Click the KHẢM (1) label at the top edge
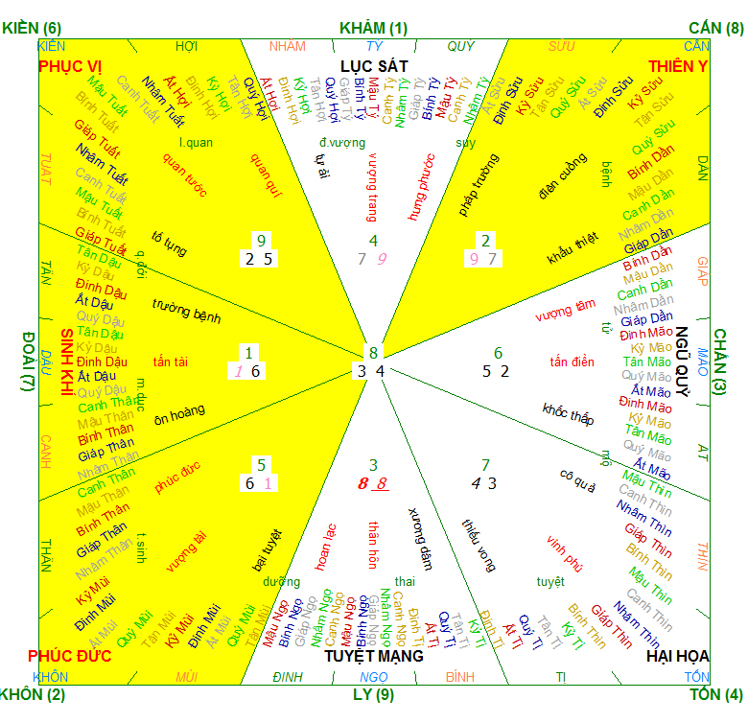coord(373,28)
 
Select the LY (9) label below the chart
coord(373,693)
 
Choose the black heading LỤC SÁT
coord(374,65)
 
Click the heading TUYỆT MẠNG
coord(373,656)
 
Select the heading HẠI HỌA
coord(677,656)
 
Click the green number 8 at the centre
coord(374,352)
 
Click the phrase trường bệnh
coord(186,311)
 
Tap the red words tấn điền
coord(573,361)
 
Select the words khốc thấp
coord(568,414)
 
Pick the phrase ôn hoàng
coord(179,411)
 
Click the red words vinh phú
coord(565,553)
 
